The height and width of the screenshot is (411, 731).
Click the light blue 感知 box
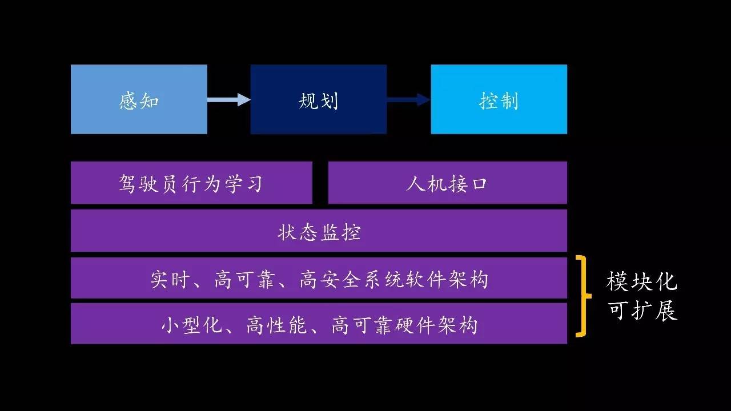tap(139, 99)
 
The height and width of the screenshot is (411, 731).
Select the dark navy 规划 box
tap(319, 99)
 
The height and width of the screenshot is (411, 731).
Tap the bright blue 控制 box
tap(499, 99)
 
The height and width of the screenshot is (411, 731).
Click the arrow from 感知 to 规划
tap(229, 99)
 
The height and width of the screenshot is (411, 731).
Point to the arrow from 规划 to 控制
tap(408, 99)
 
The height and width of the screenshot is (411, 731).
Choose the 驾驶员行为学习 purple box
tap(191, 183)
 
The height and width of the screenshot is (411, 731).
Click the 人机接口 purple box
tap(447, 183)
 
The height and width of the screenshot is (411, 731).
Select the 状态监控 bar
tap(319, 231)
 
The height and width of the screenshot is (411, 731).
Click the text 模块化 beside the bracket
tap(642, 282)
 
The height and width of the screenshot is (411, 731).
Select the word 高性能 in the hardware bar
tap(276, 325)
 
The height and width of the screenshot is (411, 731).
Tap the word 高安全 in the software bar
tap(330, 280)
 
